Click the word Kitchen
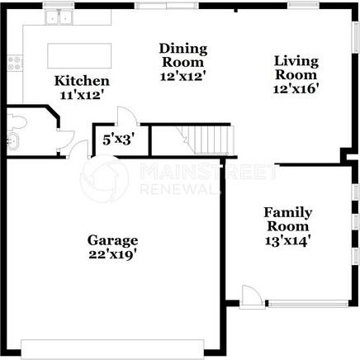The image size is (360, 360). pos(82,81)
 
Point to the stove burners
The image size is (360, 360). pos(13,62)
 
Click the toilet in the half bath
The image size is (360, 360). pos(21,123)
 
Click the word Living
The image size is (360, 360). pos(296,60)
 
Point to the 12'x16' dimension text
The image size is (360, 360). pos(296,88)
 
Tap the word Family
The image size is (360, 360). pos(287,212)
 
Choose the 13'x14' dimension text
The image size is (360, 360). pos(287,240)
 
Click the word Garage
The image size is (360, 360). pos(112,240)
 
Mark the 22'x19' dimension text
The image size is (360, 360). pos(112,254)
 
